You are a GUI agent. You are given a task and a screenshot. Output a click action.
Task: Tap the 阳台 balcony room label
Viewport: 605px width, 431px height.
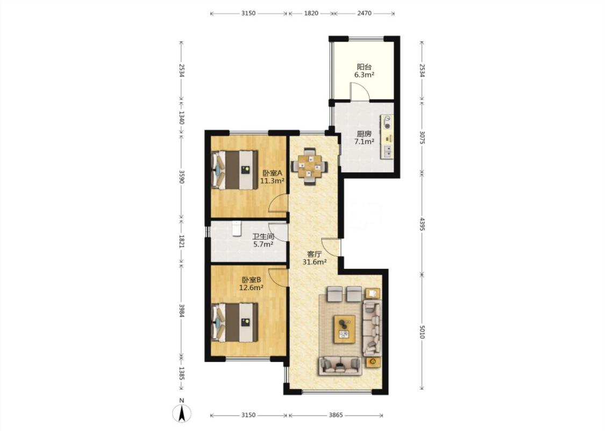pos(364,67)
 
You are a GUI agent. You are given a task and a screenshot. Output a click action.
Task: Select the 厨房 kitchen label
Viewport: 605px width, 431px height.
pos(364,134)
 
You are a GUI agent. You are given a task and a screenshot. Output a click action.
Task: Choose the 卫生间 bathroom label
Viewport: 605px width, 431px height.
pos(263,236)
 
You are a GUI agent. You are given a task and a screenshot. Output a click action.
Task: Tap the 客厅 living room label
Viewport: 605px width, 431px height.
pos(315,254)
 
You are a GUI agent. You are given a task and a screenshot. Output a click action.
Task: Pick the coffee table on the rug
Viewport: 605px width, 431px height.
pos(344,329)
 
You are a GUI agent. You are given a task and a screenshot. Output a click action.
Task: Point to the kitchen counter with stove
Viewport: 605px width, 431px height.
pos(387,136)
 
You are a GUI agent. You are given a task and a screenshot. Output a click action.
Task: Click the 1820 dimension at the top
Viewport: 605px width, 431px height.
pos(311,13)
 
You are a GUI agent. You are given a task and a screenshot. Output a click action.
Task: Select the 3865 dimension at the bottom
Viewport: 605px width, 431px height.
pos(335,415)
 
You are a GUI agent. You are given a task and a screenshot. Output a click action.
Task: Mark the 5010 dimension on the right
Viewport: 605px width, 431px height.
pos(422,332)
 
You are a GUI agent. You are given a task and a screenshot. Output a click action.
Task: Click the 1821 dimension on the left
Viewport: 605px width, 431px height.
pos(181,241)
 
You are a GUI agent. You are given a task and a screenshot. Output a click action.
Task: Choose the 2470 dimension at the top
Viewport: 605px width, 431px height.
pos(364,13)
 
